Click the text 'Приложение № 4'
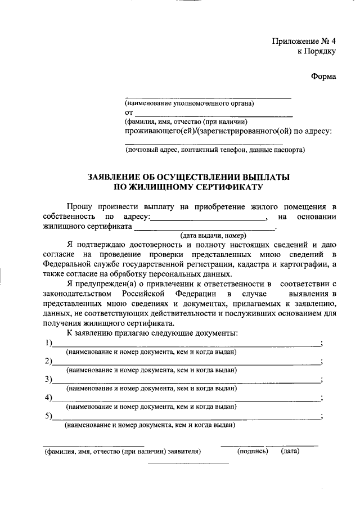click(x=304, y=41)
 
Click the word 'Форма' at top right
click(x=323, y=77)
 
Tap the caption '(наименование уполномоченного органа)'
click(x=190, y=103)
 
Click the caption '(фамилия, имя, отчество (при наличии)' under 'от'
click(x=186, y=122)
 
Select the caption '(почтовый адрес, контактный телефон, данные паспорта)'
click(x=215, y=150)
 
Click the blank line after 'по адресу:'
click(x=208, y=218)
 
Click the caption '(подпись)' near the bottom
click(x=253, y=451)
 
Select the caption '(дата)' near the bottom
click(x=290, y=451)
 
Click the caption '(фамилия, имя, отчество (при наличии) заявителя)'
click(x=123, y=451)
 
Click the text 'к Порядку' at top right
click(x=316, y=52)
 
